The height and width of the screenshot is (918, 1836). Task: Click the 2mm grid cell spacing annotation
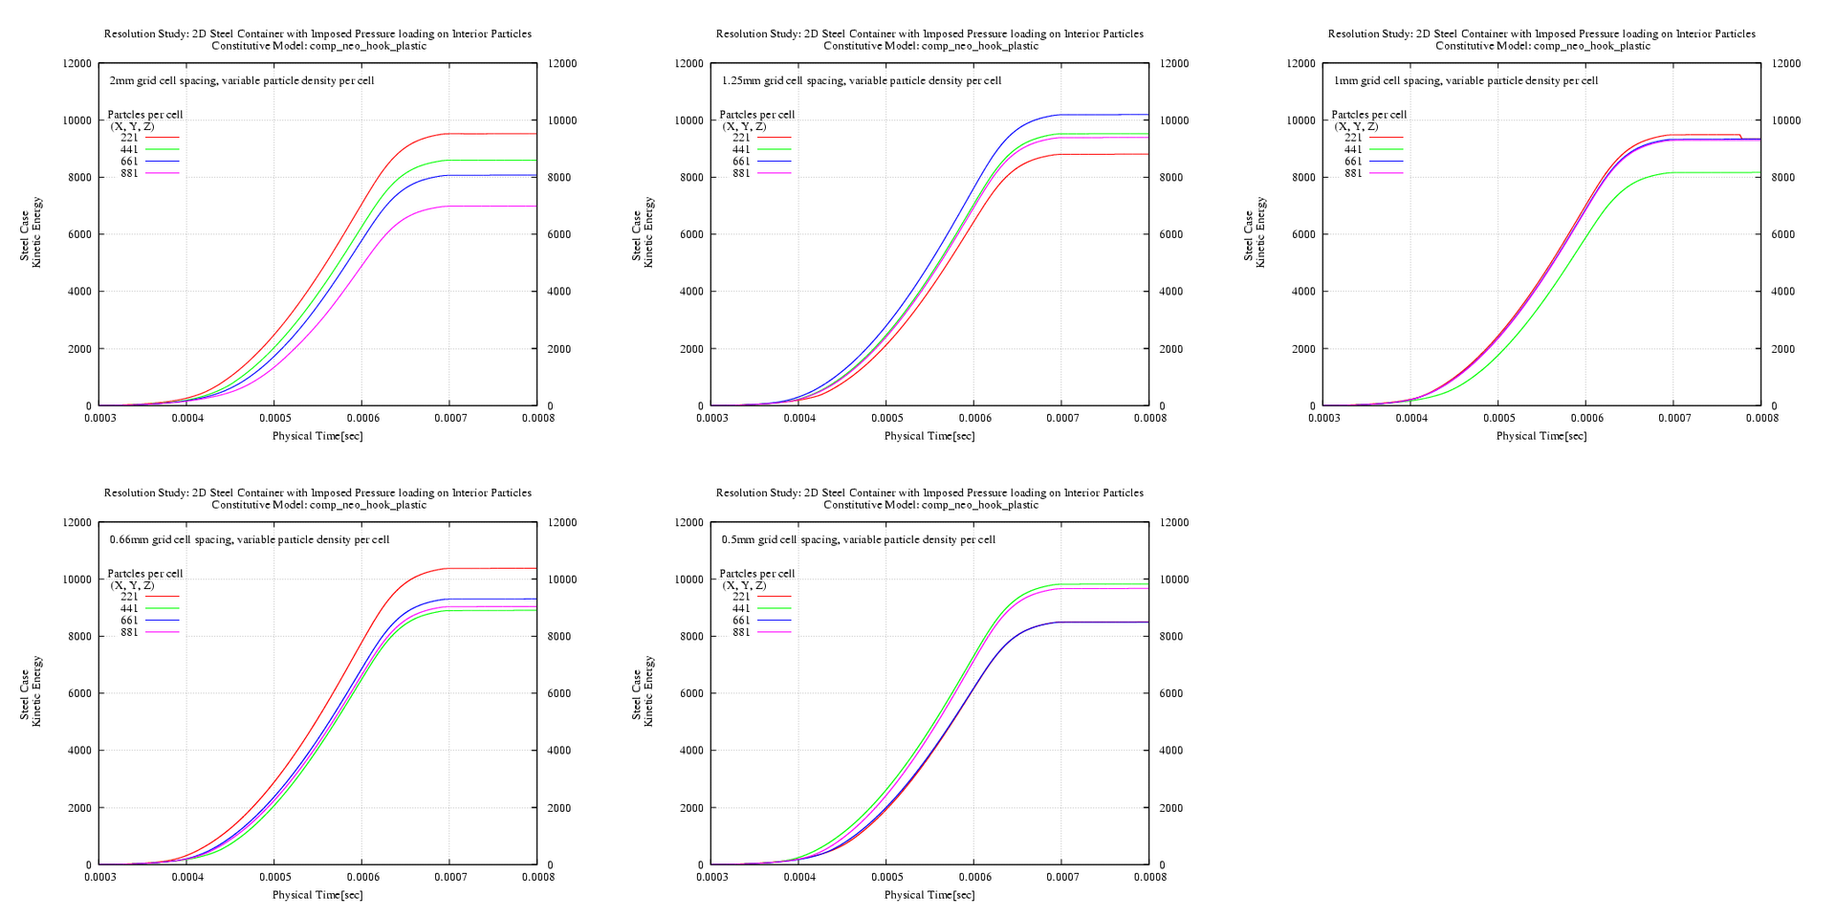241,80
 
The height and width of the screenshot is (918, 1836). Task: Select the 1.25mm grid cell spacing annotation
861,80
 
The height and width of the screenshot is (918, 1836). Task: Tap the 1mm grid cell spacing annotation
1465,80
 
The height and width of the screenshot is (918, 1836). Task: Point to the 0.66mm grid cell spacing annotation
249,539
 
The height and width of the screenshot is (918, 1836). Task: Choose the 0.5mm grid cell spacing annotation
858,539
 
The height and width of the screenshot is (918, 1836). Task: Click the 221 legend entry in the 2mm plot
129,138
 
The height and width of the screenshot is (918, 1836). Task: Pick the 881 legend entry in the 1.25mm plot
741,173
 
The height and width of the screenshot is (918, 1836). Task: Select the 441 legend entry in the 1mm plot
1353,149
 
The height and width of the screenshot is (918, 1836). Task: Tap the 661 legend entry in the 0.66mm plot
129,621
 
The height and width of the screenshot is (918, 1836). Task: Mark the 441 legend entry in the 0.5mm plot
741,608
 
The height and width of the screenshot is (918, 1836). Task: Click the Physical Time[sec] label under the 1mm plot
1541,436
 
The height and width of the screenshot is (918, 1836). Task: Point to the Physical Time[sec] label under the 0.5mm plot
929,895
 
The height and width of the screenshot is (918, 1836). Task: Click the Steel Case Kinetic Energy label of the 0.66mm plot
31,691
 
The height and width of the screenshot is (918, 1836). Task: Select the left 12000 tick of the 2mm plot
77,64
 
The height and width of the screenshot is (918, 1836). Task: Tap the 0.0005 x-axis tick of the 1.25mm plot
886,418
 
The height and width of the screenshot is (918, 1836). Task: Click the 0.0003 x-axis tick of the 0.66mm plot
99,877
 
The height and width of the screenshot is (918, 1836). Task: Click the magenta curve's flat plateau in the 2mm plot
497,207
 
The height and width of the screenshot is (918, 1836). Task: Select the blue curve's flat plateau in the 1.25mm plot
1109,115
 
